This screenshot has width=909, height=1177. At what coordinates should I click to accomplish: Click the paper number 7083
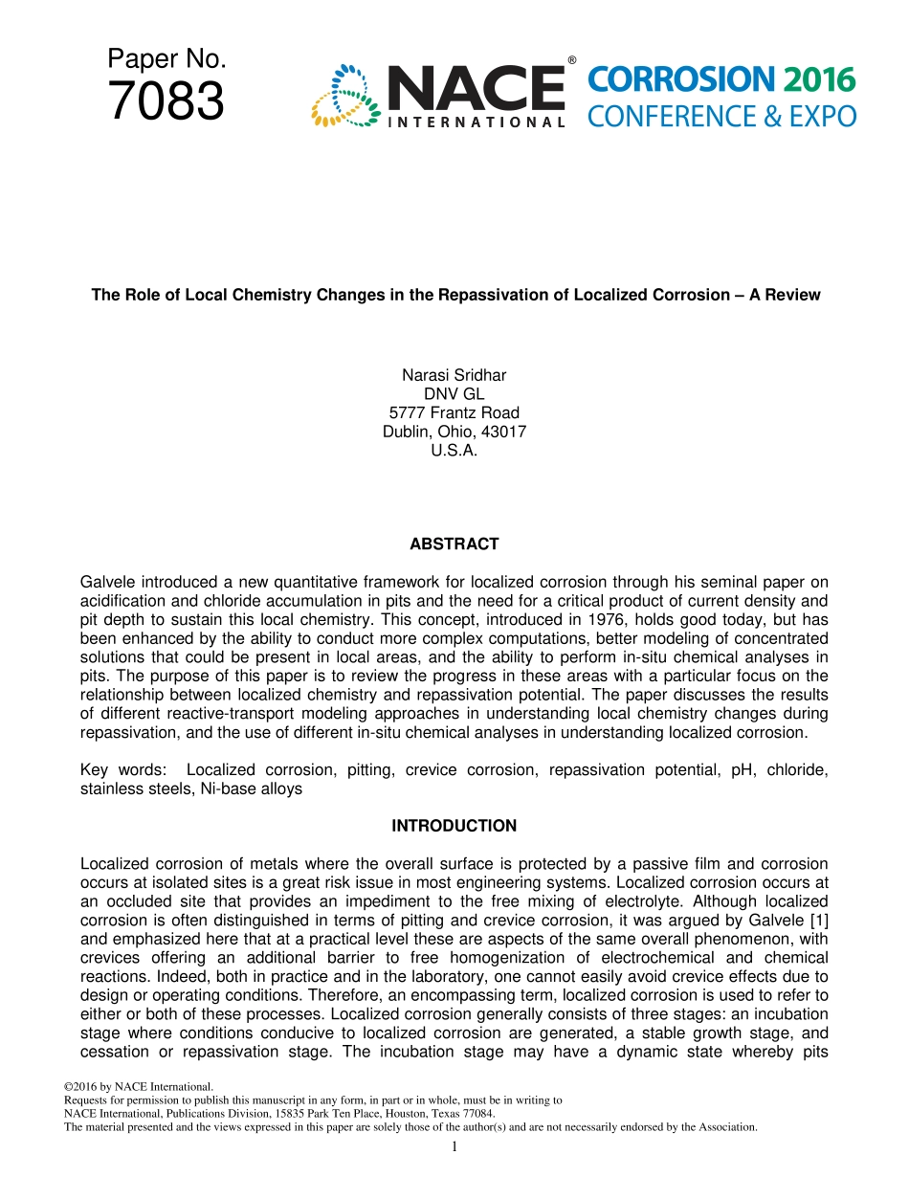[166, 102]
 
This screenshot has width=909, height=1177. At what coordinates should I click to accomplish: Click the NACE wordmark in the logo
[475, 88]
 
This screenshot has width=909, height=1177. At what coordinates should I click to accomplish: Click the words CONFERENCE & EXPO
[721, 117]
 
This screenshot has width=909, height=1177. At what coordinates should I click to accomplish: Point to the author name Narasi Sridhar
[454, 375]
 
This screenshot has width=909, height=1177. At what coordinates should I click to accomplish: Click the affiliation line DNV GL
[454, 394]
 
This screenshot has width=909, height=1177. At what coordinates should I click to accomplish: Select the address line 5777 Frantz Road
[454, 412]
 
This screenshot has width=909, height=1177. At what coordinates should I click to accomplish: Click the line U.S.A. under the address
[454, 451]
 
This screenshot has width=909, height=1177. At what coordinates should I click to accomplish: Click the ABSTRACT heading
[454, 544]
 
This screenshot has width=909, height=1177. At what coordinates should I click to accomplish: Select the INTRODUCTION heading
[454, 826]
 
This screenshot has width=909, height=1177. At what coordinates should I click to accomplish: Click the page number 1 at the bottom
[454, 1146]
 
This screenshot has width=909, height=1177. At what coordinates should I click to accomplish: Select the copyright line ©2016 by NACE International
[138, 1086]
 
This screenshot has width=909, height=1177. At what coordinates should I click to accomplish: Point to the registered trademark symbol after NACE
[571, 60]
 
